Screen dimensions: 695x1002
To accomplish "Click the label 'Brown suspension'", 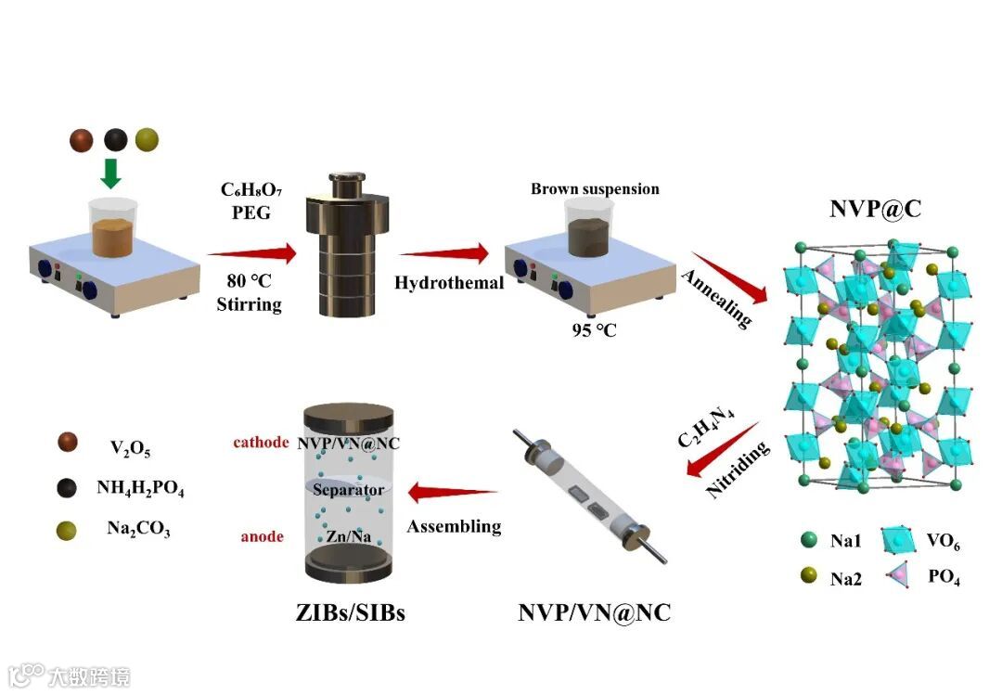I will [595, 189].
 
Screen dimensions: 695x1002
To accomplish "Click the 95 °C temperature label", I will [594, 329].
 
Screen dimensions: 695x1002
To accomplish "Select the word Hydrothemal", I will [449, 282].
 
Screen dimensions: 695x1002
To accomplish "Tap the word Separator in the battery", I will [348, 489].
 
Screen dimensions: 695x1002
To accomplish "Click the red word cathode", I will [261, 442].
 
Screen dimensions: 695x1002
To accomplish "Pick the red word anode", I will [263, 536].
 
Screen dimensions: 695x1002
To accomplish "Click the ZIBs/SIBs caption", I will [349, 613].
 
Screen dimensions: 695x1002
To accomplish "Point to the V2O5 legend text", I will [130, 450].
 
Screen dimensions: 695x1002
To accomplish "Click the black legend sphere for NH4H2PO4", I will [66, 484].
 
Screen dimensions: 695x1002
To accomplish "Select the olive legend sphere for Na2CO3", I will [66, 530].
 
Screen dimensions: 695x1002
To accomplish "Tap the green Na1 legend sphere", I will [808, 539].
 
